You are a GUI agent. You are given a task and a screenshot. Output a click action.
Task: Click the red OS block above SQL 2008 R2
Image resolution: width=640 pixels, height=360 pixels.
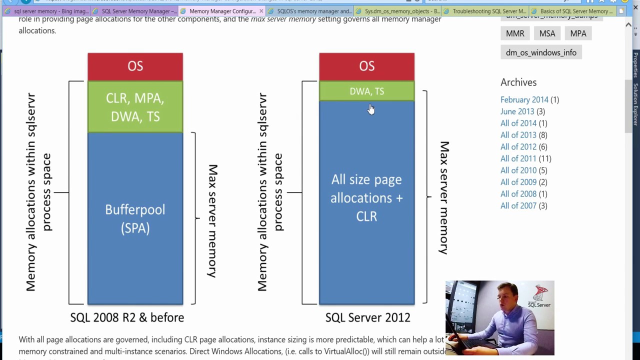click(x=135, y=66)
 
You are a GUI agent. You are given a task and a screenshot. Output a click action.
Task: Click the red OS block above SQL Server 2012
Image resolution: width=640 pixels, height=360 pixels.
click(x=366, y=66)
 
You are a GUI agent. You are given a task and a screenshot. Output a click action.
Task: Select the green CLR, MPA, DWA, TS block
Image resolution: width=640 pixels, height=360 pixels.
click(x=135, y=107)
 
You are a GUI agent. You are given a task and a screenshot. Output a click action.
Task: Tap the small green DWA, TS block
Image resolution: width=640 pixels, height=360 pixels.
click(x=366, y=91)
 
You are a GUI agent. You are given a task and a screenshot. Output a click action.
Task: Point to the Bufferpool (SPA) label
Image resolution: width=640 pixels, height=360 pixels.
click(x=135, y=218)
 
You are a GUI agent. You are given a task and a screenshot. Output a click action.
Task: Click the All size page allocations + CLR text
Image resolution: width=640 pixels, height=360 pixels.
click(x=366, y=197)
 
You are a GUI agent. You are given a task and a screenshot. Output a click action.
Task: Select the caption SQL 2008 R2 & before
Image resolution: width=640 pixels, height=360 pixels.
click(x=127, y=317)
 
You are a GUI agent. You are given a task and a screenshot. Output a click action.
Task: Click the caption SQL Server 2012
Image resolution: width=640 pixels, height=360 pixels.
click(x=367, y=317)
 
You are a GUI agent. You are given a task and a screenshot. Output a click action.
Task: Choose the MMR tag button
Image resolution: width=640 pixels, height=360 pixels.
click(x=515, y=33)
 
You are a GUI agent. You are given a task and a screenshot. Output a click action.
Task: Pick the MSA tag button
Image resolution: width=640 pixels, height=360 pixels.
click(x=547, y=33)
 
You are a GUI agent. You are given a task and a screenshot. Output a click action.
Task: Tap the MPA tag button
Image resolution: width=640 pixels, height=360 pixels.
click(x=578, y=33)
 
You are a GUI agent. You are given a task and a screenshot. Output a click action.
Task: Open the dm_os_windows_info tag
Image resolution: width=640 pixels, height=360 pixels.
click(x=541, y=52)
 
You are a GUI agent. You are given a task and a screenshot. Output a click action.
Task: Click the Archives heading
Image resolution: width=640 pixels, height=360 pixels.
click(x=518, y=82)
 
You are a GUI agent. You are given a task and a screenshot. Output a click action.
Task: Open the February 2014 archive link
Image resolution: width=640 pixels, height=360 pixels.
click(x=524, y=100)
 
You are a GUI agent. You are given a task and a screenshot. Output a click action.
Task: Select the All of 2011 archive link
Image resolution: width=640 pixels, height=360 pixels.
click(x=518, y=158)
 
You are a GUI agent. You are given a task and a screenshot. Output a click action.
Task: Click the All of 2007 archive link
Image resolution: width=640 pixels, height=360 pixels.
click(x=518, y=205)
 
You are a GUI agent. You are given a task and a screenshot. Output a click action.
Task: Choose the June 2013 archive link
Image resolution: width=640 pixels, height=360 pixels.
click(x=517, y=111)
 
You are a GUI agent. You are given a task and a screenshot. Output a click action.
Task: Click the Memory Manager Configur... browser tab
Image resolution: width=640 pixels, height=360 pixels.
click(x=222, y=11)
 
